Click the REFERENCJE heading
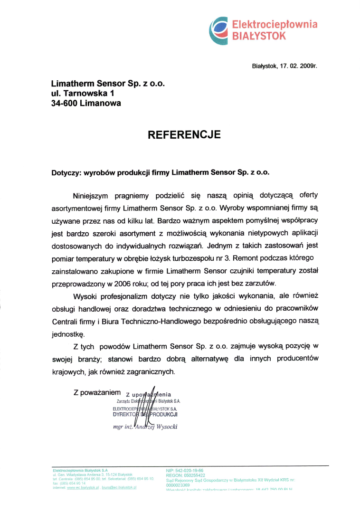(184, 134)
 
